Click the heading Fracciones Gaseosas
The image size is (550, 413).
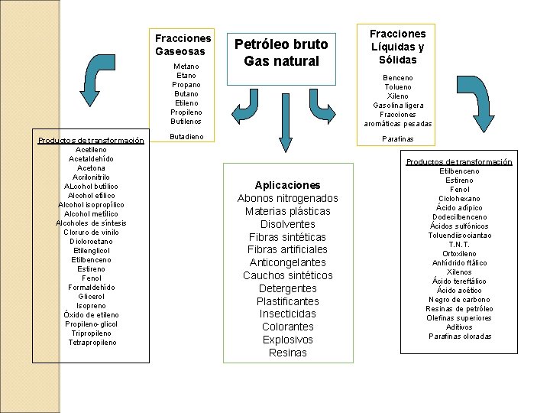pyautogui.click(x=183, y=44)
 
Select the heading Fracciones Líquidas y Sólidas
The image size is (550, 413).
pyautogui.click(x=397, y=47)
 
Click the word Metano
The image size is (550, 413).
pyautogui.click(x=186, y=67)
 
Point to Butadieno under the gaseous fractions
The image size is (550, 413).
pyautogui.click(x=186, y=135)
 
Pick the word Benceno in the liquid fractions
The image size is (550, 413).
pyautogui.click(x=397, y=78)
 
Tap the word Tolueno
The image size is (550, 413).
pyautogui.click(x=397, y=87)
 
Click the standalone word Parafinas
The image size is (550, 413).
pyautogui.click(x=397, y=139)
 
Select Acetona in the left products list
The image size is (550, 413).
pyautogui.click(x=92, y=168)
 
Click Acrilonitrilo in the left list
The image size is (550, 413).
pyautogui.click(x=92, y=177)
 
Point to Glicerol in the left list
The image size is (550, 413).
pyautogui.click(x=92, y=296)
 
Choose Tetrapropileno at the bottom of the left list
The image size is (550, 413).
pyautogui.click(x=92, y=342)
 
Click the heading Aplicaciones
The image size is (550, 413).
pyautogui.click(x=288, y=185)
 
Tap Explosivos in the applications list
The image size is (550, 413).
pyautogui.click(x=288, y=340)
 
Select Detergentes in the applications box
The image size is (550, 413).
pyautogui.click(x=288, y=288)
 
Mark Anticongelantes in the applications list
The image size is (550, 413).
pyautogui.click(x=288, y=262)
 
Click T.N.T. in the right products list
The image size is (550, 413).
pyautogui.click(x=460, y=245)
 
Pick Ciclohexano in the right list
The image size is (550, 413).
pyautogui.click(x=460, y=199)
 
